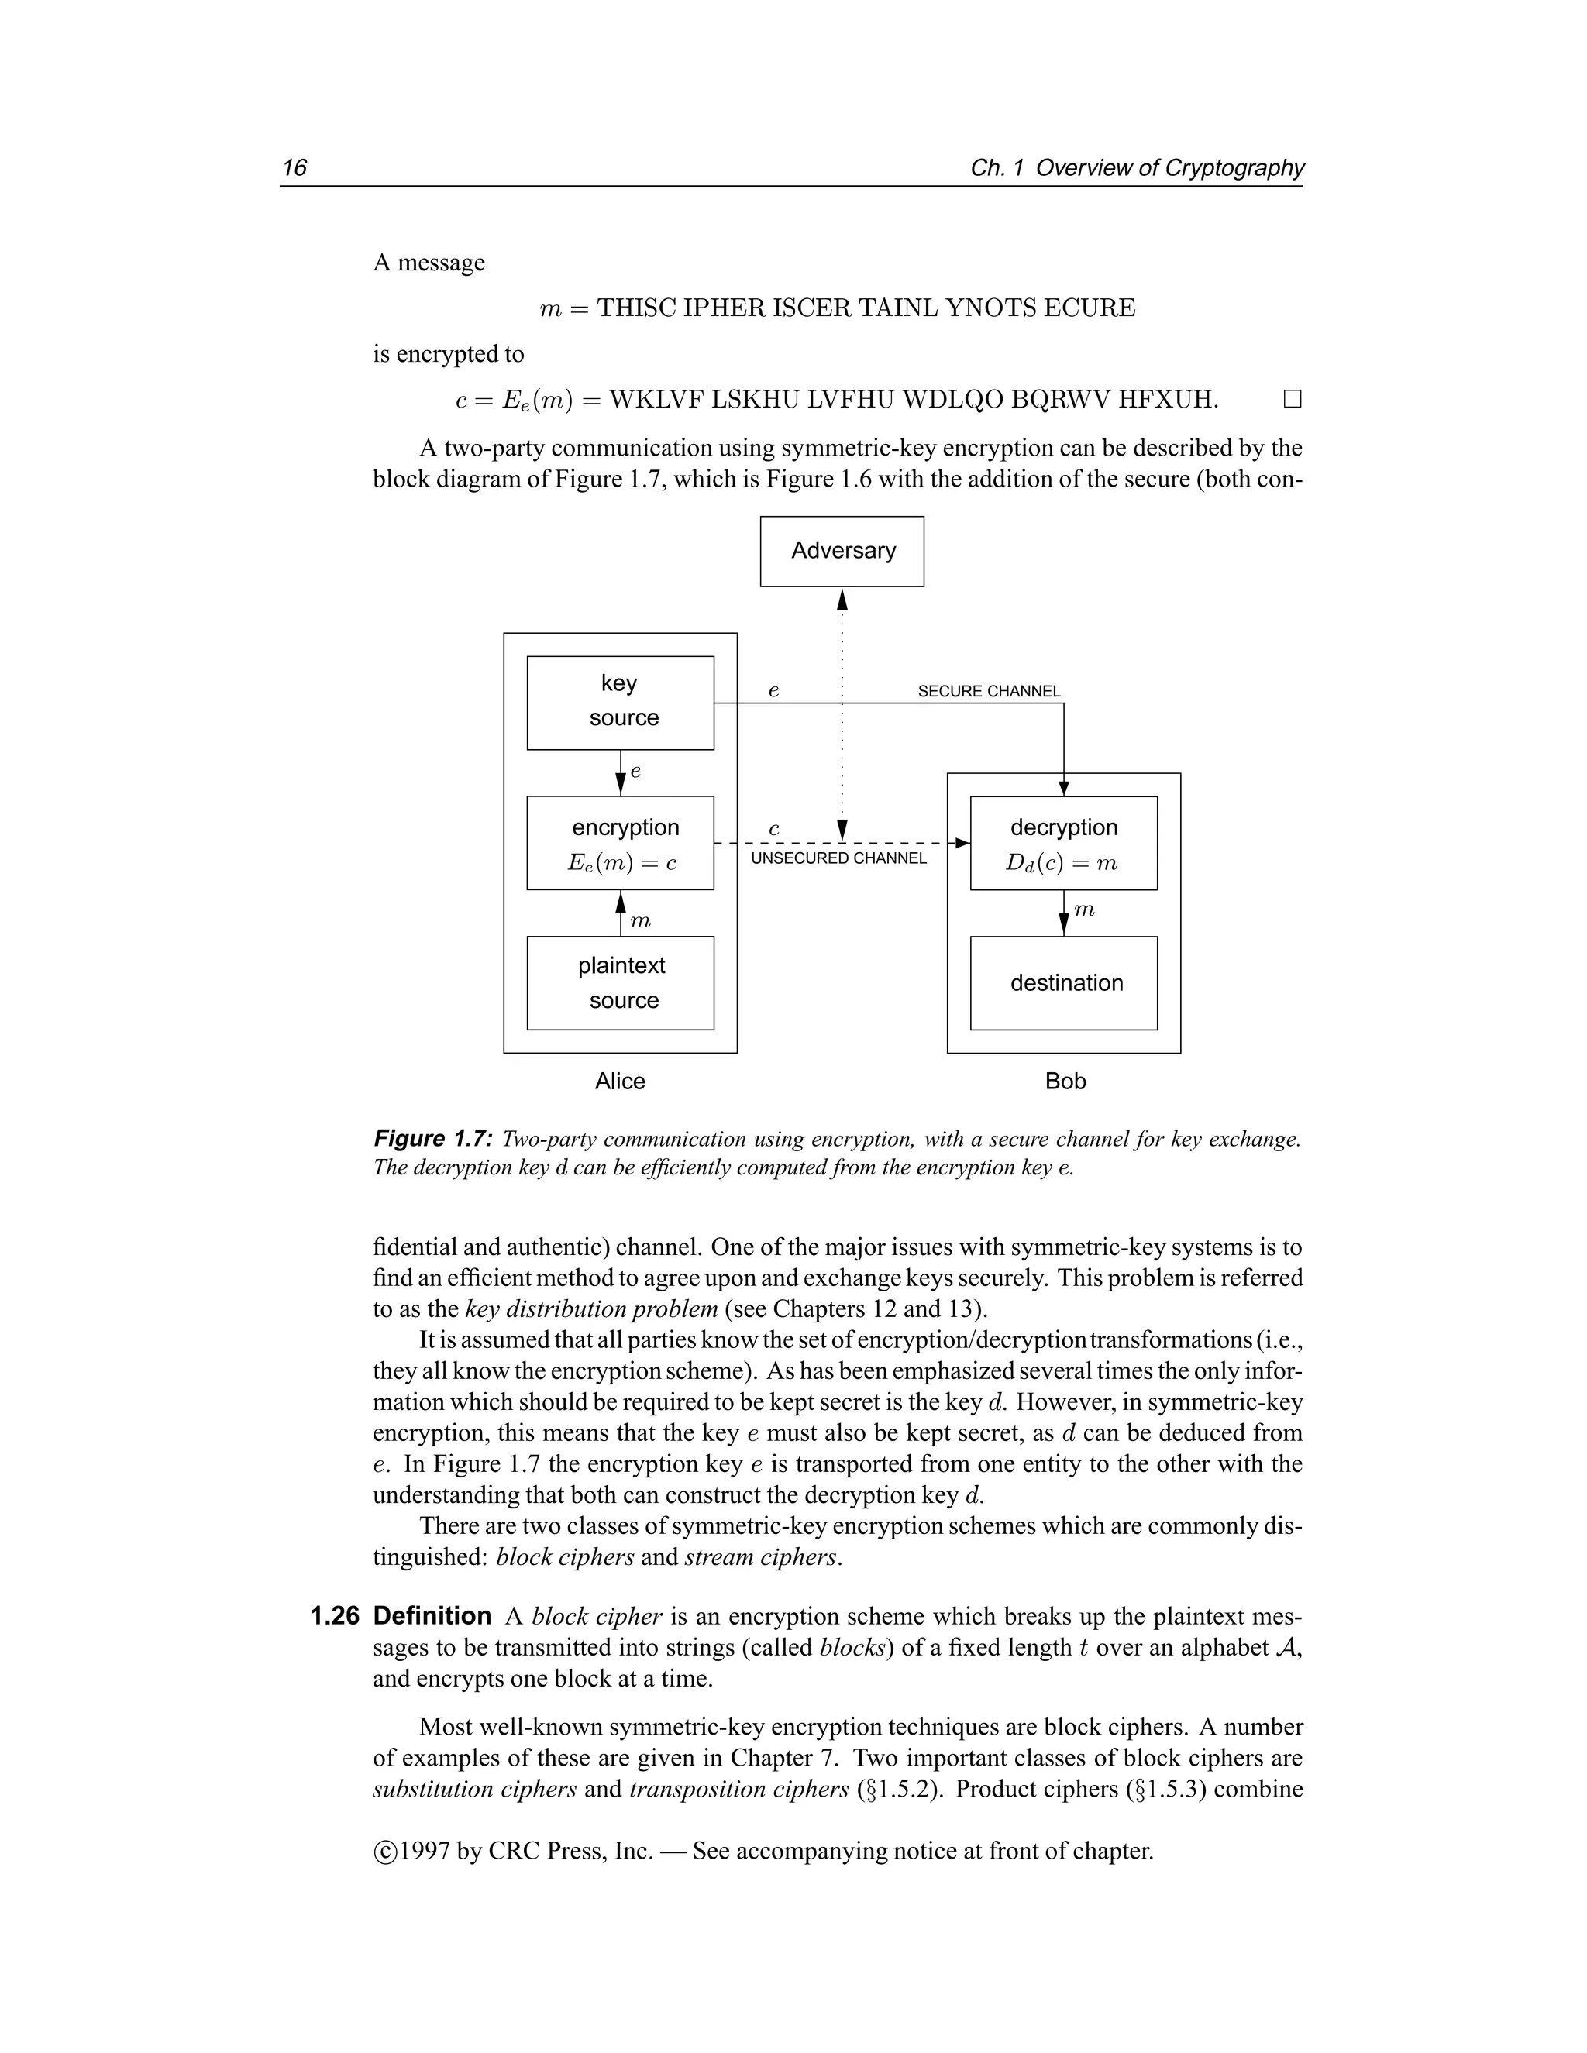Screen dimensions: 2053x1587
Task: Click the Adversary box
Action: [842, 551]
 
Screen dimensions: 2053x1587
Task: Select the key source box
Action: [620, 702]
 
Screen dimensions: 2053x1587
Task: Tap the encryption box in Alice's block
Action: [620, 842]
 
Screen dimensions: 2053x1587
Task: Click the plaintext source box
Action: [620, 982]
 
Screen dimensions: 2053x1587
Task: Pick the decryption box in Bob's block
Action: [1063, 842]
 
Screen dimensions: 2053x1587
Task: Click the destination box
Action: [1063, 982]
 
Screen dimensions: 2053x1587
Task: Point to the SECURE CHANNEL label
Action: [988, 691]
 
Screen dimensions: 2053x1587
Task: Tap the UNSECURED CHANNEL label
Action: [838, 858]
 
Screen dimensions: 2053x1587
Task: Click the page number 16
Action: [294, 167]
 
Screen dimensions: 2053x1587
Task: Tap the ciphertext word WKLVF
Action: [656, 401]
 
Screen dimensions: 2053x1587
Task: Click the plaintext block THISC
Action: [636, 308]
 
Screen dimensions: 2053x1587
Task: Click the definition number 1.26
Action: [335, 1616]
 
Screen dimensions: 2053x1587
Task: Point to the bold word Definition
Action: [432, 1616]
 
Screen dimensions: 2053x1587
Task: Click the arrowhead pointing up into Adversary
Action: [842, 599]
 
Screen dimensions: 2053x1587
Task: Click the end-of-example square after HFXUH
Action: [1293, 401]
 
